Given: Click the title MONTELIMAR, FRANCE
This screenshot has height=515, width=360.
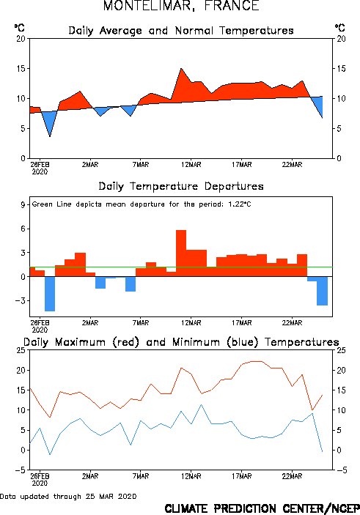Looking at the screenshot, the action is [181, 6].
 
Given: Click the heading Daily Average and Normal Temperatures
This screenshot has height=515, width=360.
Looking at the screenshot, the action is [181, 31].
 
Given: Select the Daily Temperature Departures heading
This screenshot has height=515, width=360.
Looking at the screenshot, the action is [181, 186].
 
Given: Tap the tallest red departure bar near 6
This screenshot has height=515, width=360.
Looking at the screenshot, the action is [181, 253].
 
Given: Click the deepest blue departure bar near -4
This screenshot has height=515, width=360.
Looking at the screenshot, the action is [50, 294].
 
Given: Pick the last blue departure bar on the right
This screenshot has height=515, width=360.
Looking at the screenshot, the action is [322, 291].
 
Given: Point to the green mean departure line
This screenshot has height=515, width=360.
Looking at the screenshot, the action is [181, 267].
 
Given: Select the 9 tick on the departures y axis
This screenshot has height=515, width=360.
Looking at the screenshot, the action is [23, 205].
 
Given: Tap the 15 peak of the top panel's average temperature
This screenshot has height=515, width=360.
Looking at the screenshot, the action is [181, 69].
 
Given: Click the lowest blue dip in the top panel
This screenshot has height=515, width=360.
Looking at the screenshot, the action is [50, 136].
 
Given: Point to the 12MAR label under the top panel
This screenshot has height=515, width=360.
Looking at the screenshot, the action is [191, 165].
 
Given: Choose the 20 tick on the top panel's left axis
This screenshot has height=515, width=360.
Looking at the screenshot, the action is [21, 39].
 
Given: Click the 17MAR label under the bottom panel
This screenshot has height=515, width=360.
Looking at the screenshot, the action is [242, 476].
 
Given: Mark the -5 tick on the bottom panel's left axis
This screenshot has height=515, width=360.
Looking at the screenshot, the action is [21, 470].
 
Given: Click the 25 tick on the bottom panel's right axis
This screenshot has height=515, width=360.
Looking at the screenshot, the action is [341, 350].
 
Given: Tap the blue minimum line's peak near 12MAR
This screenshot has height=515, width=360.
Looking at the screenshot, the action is [201, 404].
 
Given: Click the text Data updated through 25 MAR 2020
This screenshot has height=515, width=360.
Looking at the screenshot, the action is [68, 496].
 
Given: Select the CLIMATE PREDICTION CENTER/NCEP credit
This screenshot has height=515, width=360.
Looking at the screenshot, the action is [262, 508].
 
